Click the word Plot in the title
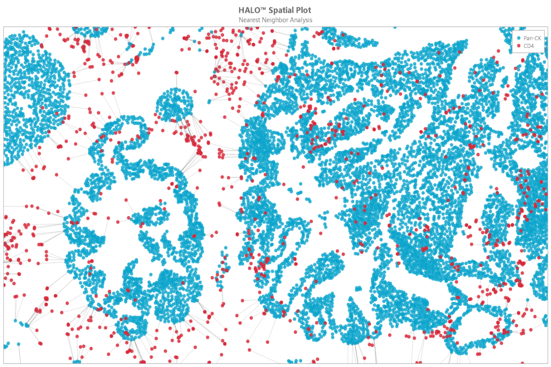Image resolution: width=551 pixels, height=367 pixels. (x=303, y=10)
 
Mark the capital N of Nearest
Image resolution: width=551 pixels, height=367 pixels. (x=241, y=20)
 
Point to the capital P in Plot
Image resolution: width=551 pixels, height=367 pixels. (x=298, y=10)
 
